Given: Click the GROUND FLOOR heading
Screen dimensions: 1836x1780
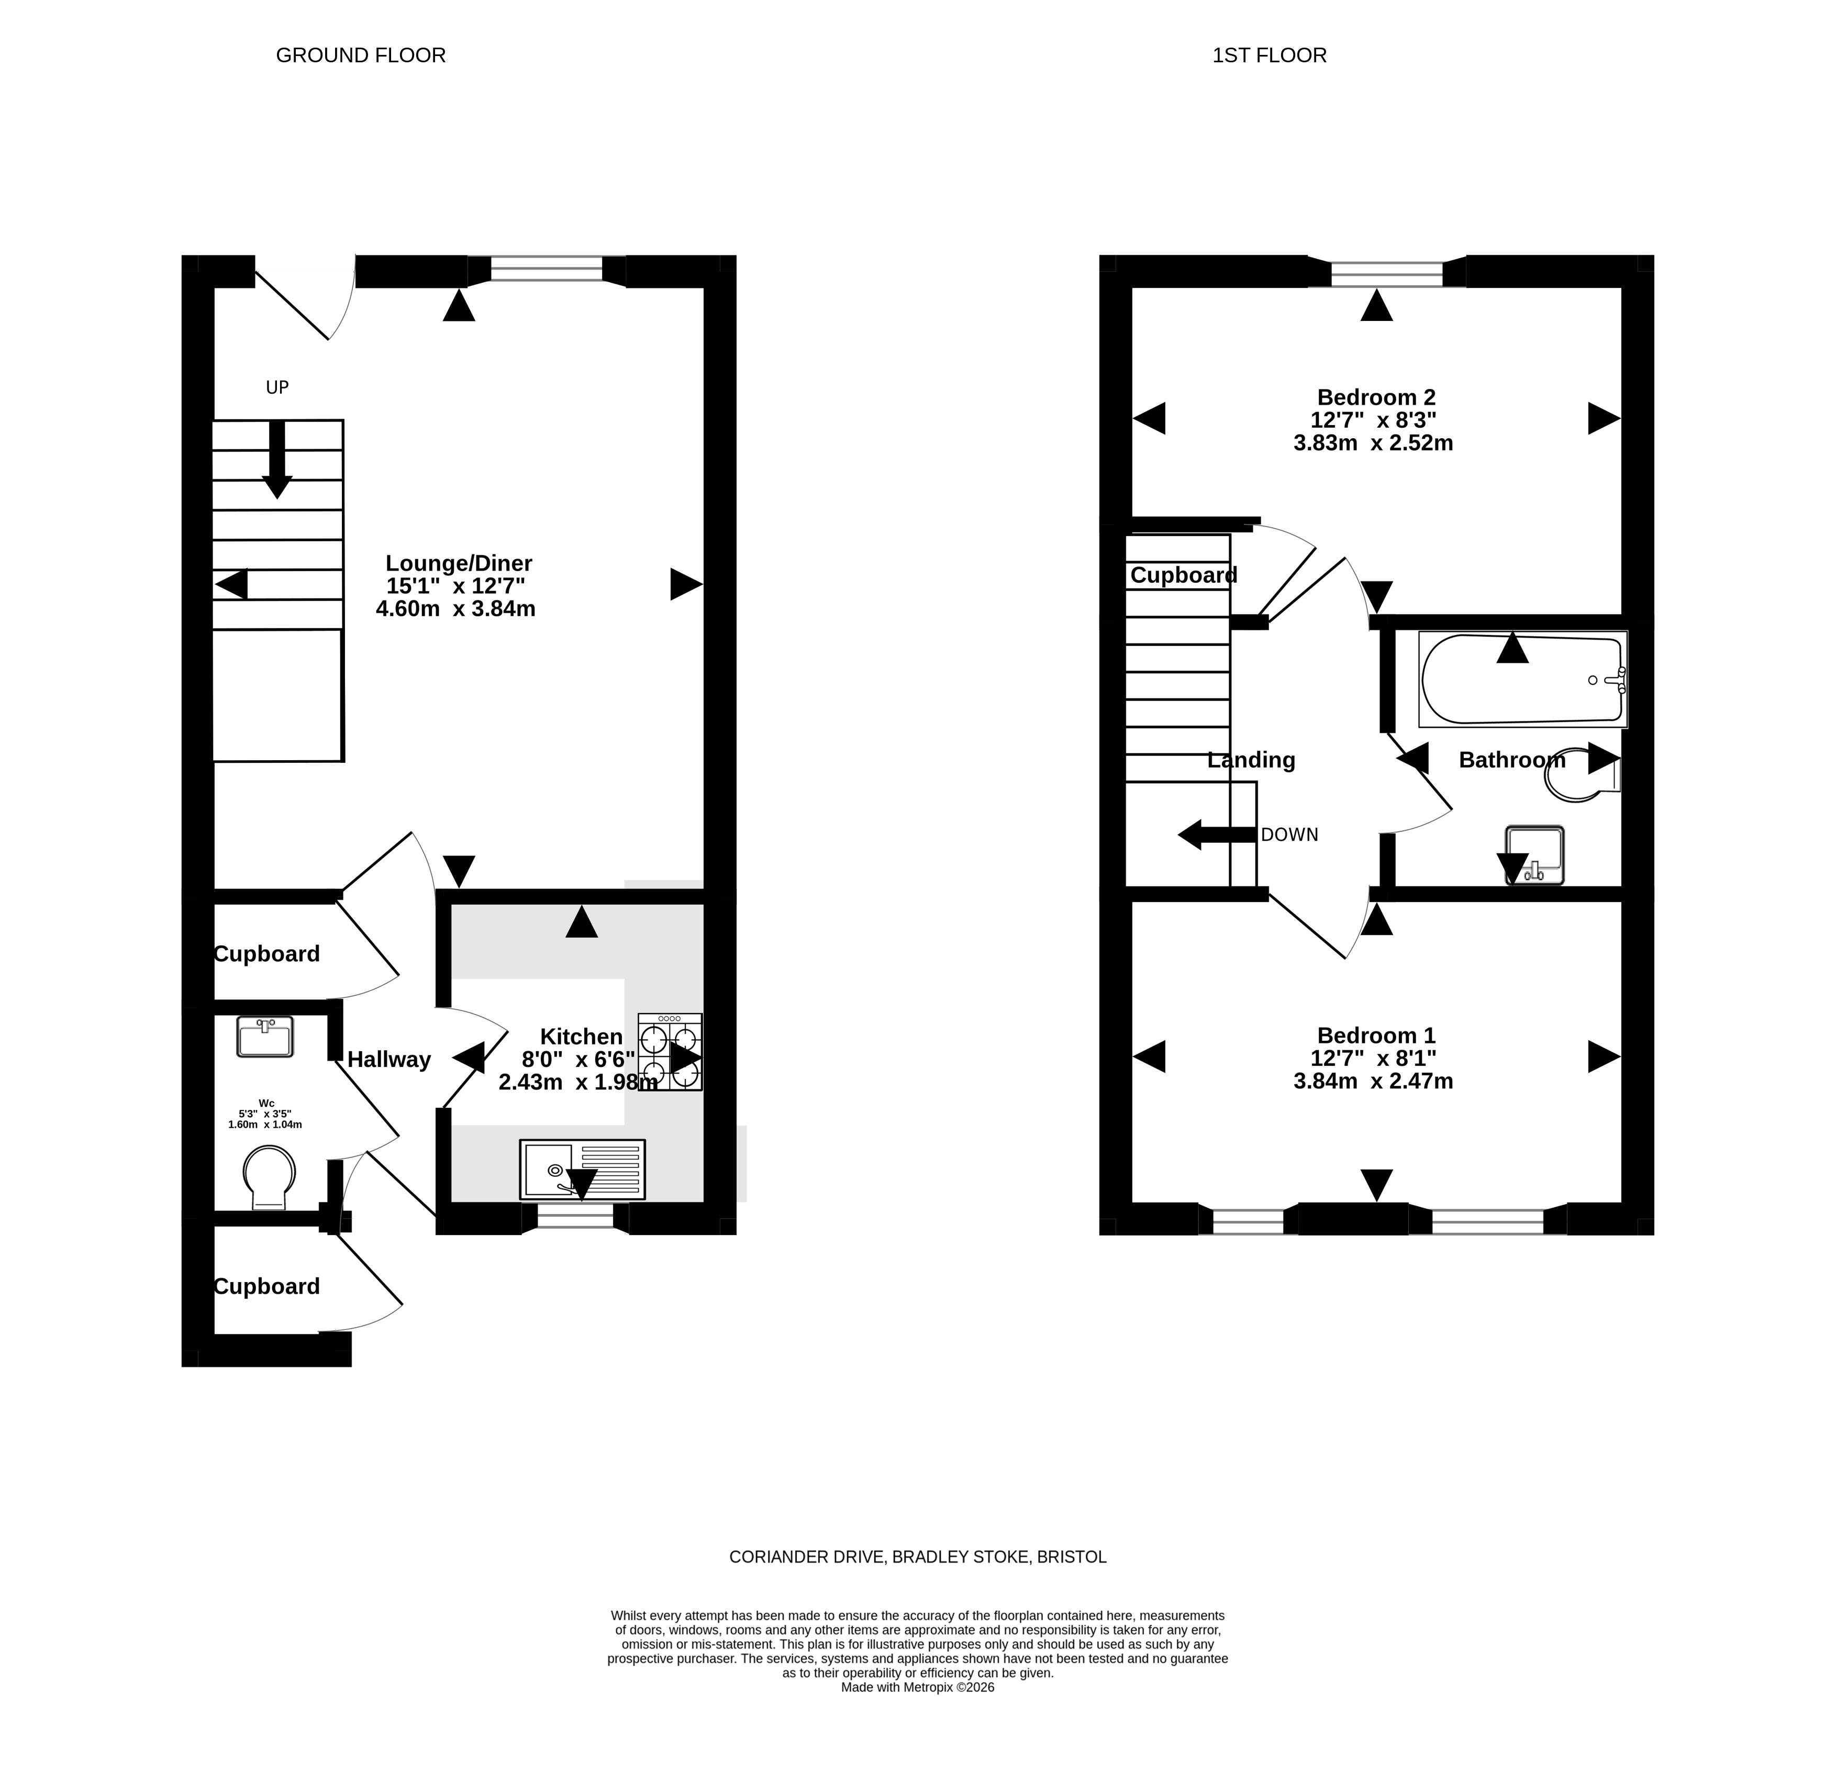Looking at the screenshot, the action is pyautogui.click(x=361, y=55).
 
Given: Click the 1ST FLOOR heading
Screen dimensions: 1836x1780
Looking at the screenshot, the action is pyautogui.click(x=1269, y=55).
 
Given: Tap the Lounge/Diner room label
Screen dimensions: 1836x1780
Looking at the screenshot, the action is pyautogui.click(x=459, y=563).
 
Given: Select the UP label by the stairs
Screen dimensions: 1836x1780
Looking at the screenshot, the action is pyautogui.click(x=277, y=387).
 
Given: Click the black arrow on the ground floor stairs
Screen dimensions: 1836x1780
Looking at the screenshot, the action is pyautogui.click(x=277, y=459).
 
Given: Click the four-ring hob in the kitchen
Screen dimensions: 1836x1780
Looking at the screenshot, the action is pyautogui.click(x=670, y=1051).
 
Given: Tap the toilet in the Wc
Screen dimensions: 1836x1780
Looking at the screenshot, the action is pyautogui.click(x=269, y=1177).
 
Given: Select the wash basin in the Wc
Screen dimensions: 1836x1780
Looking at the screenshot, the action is pyautogui.click(x=265, y=1037).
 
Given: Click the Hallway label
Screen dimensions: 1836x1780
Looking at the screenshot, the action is pyautogui.click(x=389, y=1060).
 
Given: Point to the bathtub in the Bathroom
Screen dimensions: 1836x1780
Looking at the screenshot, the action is pyautogui.click(x=1523, y=679).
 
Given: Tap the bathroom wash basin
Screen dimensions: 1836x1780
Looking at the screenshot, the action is pyautogui.click(x=1534, y=854).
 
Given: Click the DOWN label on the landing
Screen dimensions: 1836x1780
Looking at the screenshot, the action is pyautogui.click(x=1290, y=835).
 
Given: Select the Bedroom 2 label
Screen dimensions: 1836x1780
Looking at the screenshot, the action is pyautogui.click(x=1376, y=397).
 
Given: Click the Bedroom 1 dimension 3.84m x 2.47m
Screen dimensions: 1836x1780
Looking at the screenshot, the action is pyautogui.click(x=1373, y=1081).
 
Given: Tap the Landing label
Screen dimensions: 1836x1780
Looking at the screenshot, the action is pyautogui.click(x=1251, y=760).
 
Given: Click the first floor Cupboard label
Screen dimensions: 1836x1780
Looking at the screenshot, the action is pyautogui.click(x=1184, y=575).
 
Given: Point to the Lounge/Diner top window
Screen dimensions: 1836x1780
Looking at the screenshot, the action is pyautogui.click(x=547, y=270).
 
